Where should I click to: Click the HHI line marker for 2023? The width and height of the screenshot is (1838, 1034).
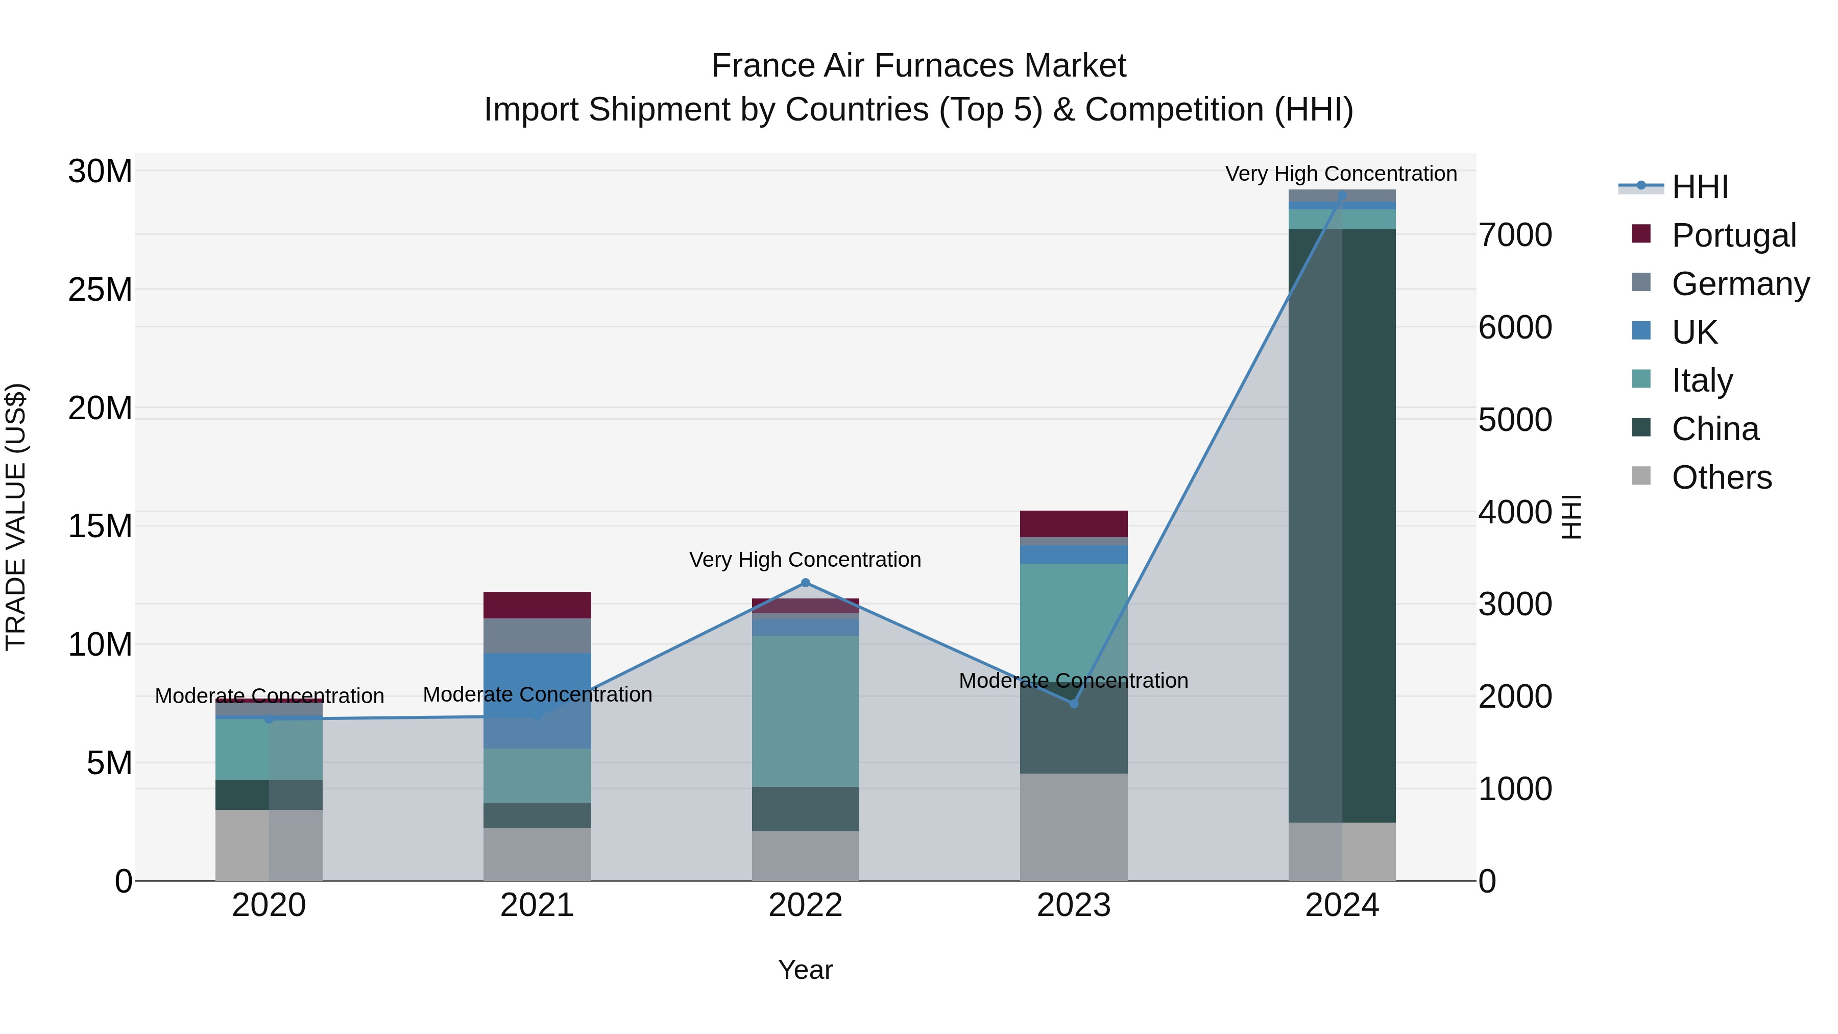click(x=1074, y=704)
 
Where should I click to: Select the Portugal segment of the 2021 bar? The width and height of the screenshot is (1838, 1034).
click(x=537, y=605)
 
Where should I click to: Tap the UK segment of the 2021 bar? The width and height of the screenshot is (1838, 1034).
click(x=537, y=700)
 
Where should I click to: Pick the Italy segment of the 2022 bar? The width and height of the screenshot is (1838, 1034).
click(x=806, y=711)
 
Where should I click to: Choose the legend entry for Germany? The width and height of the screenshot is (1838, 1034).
click(x=1739, y=284)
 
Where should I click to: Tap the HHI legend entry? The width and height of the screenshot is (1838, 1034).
click(x=1699, y=187)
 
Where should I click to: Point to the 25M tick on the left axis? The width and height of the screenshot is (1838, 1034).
click(x=100, y=290)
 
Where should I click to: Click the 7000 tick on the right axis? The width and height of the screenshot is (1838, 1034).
click(x=1514, y=235)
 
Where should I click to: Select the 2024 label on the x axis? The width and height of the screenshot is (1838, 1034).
click(x=1341, y=905)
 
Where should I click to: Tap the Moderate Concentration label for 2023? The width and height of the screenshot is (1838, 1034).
click(x=1073, y=681)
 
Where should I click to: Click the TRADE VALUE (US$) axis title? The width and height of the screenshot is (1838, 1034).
click(x=16, y=517)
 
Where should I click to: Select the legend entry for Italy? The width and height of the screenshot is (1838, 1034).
click(x=1702, y=380)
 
